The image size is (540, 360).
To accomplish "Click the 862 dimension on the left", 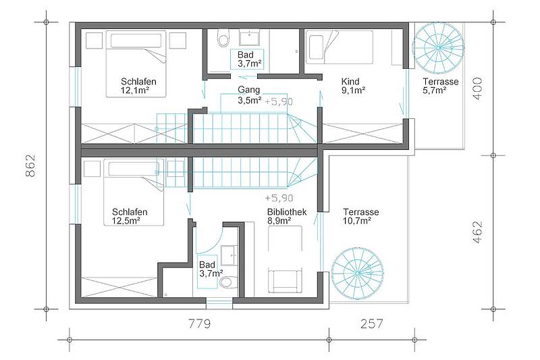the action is tap(30, 165).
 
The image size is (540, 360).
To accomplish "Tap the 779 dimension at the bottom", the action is tap(199, 324).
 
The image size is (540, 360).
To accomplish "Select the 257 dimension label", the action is tap(372, 324).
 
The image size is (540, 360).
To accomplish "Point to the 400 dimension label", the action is tap(477, 88).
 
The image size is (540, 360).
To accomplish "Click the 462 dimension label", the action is tap(477, 232).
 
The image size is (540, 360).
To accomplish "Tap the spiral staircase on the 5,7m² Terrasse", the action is tap(438, 48).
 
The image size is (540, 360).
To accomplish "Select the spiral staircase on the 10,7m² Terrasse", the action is tap(358, 274).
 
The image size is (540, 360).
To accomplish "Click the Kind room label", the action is tap(350, 82).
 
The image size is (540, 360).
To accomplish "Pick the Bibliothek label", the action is tap(287, 212).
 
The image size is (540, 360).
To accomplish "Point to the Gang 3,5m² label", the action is tap(249, 95).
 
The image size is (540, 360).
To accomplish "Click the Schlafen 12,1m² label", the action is tap(138, 86).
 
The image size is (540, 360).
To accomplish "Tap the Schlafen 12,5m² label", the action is tap(130, 216).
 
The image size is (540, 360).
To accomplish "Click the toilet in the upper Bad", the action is tap(223, 38).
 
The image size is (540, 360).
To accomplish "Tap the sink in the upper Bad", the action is tap(250, 38).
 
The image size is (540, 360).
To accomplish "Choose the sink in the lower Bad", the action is tap(229, 255).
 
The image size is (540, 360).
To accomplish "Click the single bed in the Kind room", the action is tap(340, 47).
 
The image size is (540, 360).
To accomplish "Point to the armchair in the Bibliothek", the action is tap(285, 280).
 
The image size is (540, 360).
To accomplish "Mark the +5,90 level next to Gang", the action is tap(279, 101).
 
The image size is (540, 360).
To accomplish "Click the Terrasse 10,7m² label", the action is tap(361, 216).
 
